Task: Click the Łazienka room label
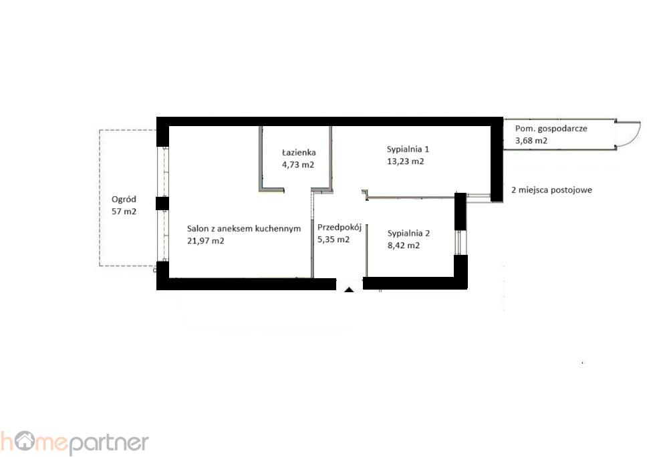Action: (x=299, y=152)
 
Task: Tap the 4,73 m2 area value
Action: (x=298, y=164)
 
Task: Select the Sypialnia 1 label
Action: (x=408, y=149)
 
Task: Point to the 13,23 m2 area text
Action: (x=405, y=161)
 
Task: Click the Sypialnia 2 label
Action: (x=408, y=234)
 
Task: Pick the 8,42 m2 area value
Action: (x=403, y=245)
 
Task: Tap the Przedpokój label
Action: (x=339, y=227)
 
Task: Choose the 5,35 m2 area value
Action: (x=333, y=239)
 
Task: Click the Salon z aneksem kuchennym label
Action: (x=244, y=228)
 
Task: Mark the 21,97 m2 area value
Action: (x=205, y=240)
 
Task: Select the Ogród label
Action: (x=124, y=199)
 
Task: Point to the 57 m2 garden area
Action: (x=124, y=211)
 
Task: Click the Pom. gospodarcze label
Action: (x=551, y=128)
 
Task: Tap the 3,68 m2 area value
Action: (x=531, y=140)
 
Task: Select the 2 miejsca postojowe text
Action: (x=551, y=190)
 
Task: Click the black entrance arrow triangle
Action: (x=349, y=290)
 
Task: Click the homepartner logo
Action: (x=74, y=443)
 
